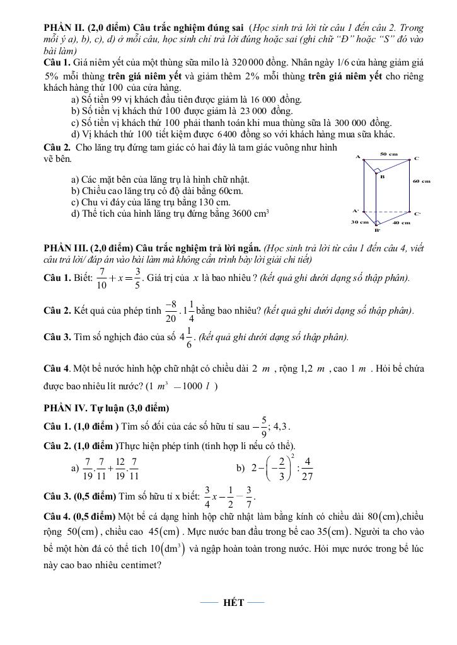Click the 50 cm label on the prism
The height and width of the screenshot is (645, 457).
[x=389, y=154]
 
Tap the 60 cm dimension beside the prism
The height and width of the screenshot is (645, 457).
[x=421, y=181]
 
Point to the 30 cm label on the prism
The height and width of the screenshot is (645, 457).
[x=359, y=222]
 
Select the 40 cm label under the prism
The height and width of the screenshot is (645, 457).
[x=401, y=222]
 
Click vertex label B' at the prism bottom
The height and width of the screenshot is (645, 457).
[x=378, y=231]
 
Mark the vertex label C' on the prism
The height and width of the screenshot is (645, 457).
[x=417, y=214]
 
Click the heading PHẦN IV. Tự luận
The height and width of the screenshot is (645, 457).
[x=106, y=408]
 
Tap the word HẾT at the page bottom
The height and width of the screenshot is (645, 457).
[x=233, y=603]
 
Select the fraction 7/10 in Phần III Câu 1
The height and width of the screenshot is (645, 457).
[x=101, y=278]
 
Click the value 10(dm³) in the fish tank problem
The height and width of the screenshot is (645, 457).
[x=166, y=548]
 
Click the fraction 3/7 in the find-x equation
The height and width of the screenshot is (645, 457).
[x=249, y=497]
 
